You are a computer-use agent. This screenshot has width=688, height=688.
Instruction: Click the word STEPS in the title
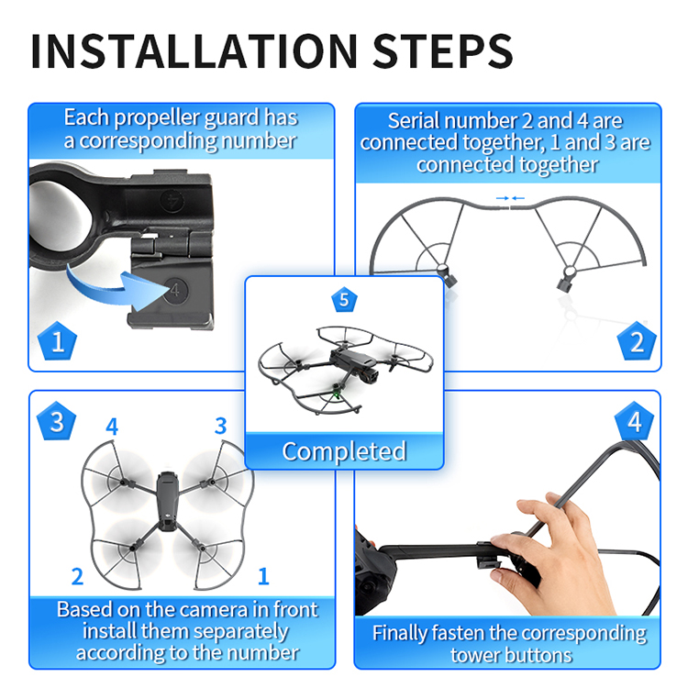[442, 50]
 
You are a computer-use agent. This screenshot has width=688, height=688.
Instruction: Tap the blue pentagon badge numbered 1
[57, 341]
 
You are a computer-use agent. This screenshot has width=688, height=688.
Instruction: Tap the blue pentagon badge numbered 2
[637, 341]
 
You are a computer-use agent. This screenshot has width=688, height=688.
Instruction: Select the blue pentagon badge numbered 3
[56, 421]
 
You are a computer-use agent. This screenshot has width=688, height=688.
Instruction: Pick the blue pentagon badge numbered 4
[634, 421]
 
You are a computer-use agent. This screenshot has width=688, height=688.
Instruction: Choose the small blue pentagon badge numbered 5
[344, 300]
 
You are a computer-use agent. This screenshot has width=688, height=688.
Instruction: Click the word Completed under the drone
[344, 451]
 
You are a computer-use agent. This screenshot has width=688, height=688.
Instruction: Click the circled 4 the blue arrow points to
[175, 290]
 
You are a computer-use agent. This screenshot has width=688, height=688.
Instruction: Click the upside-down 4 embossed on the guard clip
[172, 201]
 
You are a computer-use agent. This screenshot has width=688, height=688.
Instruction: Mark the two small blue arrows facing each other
[510, 198]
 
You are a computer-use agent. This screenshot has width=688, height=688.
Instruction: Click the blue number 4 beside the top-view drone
[112, 426]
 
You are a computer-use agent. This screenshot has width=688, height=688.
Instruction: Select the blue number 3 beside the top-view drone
[221, 426]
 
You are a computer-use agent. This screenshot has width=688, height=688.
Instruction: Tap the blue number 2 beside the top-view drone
[77, 576]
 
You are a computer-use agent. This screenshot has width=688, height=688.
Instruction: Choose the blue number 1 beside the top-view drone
[263, 576]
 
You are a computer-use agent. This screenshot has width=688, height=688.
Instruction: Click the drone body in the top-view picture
[167, 501]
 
